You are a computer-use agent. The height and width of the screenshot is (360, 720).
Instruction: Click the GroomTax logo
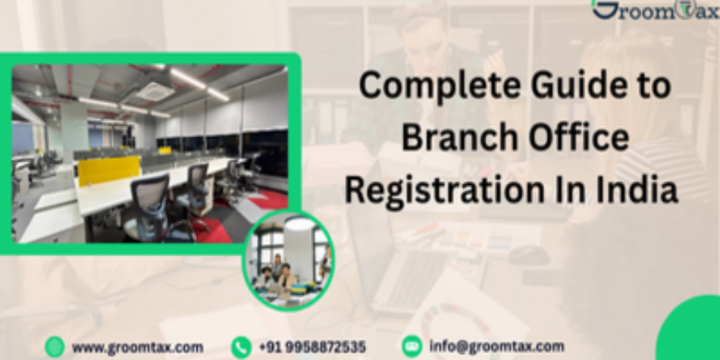tap(655, 10)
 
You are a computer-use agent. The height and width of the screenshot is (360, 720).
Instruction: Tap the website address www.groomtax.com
tap(137, 347)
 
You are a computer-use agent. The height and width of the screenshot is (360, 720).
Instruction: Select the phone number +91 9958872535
tap(312, 347)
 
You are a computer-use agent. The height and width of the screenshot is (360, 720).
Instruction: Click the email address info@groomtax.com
tap(496, 347)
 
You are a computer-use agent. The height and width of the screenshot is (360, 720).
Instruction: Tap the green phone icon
tap(241, 347)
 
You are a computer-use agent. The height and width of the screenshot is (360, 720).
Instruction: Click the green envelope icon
tap(411, 347)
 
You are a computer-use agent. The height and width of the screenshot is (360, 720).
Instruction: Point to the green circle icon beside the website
tap(55, 347)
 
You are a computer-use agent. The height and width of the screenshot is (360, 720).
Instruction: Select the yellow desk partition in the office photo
tap(108, 171)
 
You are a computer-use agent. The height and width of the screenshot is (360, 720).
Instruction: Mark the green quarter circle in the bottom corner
tap(694, 334)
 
